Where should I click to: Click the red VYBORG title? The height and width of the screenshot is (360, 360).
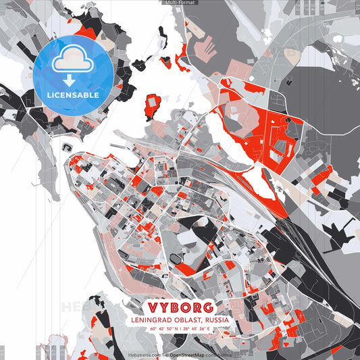[x=179, y=306]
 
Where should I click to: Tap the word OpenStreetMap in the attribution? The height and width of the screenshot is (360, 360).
[x=187, y=354]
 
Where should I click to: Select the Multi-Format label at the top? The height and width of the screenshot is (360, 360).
[x=180, y=3]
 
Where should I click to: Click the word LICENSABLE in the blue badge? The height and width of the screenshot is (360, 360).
[x=73, y=95]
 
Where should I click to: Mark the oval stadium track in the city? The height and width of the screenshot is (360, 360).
[x=178, y=259]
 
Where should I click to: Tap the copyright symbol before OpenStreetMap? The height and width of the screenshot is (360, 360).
[x=166, y=354]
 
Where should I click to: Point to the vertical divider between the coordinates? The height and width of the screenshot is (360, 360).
[x=180, y=329]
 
